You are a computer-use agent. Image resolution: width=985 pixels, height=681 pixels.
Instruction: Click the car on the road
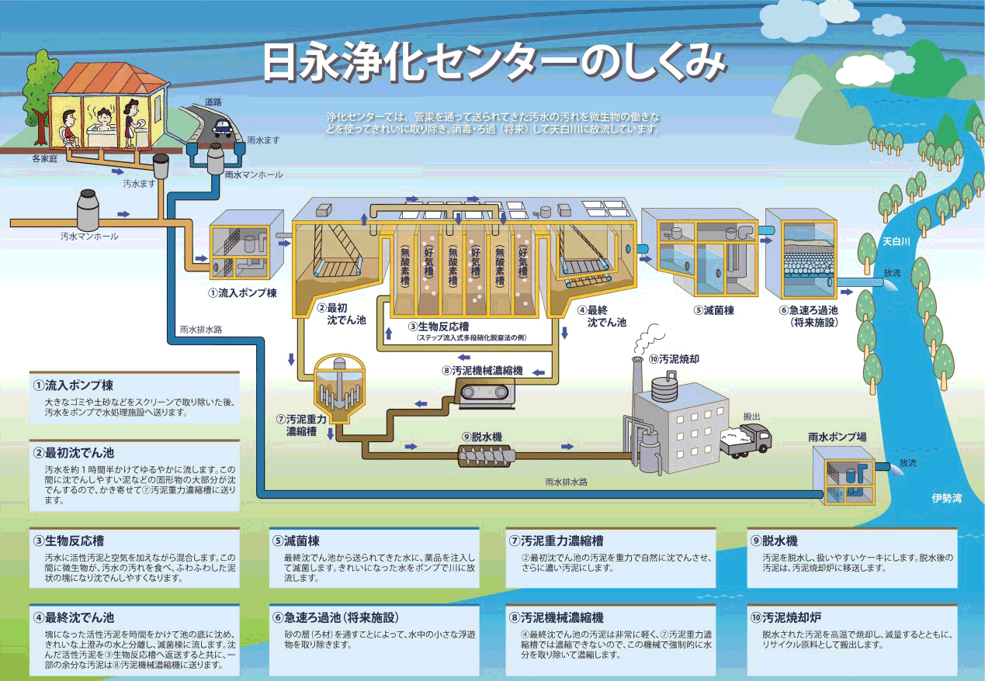[x=224, y=126]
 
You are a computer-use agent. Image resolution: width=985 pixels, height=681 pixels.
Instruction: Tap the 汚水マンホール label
[x=89, y=237]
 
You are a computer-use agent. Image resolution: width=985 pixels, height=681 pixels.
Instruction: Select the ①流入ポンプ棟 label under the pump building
[x=243, y=293]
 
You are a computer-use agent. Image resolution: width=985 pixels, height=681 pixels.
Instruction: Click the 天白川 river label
[x=897, y=242]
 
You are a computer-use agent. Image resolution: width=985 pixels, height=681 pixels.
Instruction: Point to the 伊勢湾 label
[x=947, y=498]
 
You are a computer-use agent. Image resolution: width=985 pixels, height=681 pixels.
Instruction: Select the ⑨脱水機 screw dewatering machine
[x=487, y=456]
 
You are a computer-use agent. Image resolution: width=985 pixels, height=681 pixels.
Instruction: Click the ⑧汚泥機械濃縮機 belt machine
[x=484, y=393]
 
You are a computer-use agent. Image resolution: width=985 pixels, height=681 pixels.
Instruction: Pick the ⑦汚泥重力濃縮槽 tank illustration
[x=338, y=389]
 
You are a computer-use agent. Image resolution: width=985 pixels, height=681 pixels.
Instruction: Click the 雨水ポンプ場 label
[x=838, y=437]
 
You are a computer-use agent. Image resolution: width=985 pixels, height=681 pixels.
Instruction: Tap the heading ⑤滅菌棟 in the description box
[x=296, y=541]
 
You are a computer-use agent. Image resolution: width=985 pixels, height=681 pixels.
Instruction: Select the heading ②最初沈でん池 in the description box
[x=74, y=453]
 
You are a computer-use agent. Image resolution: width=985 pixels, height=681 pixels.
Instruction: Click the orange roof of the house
[x=109, y=79]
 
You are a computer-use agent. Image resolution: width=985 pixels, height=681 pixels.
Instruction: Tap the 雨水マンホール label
[x=254, y=175]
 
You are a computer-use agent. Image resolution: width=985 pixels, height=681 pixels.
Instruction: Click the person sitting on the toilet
[x=69, y=128]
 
